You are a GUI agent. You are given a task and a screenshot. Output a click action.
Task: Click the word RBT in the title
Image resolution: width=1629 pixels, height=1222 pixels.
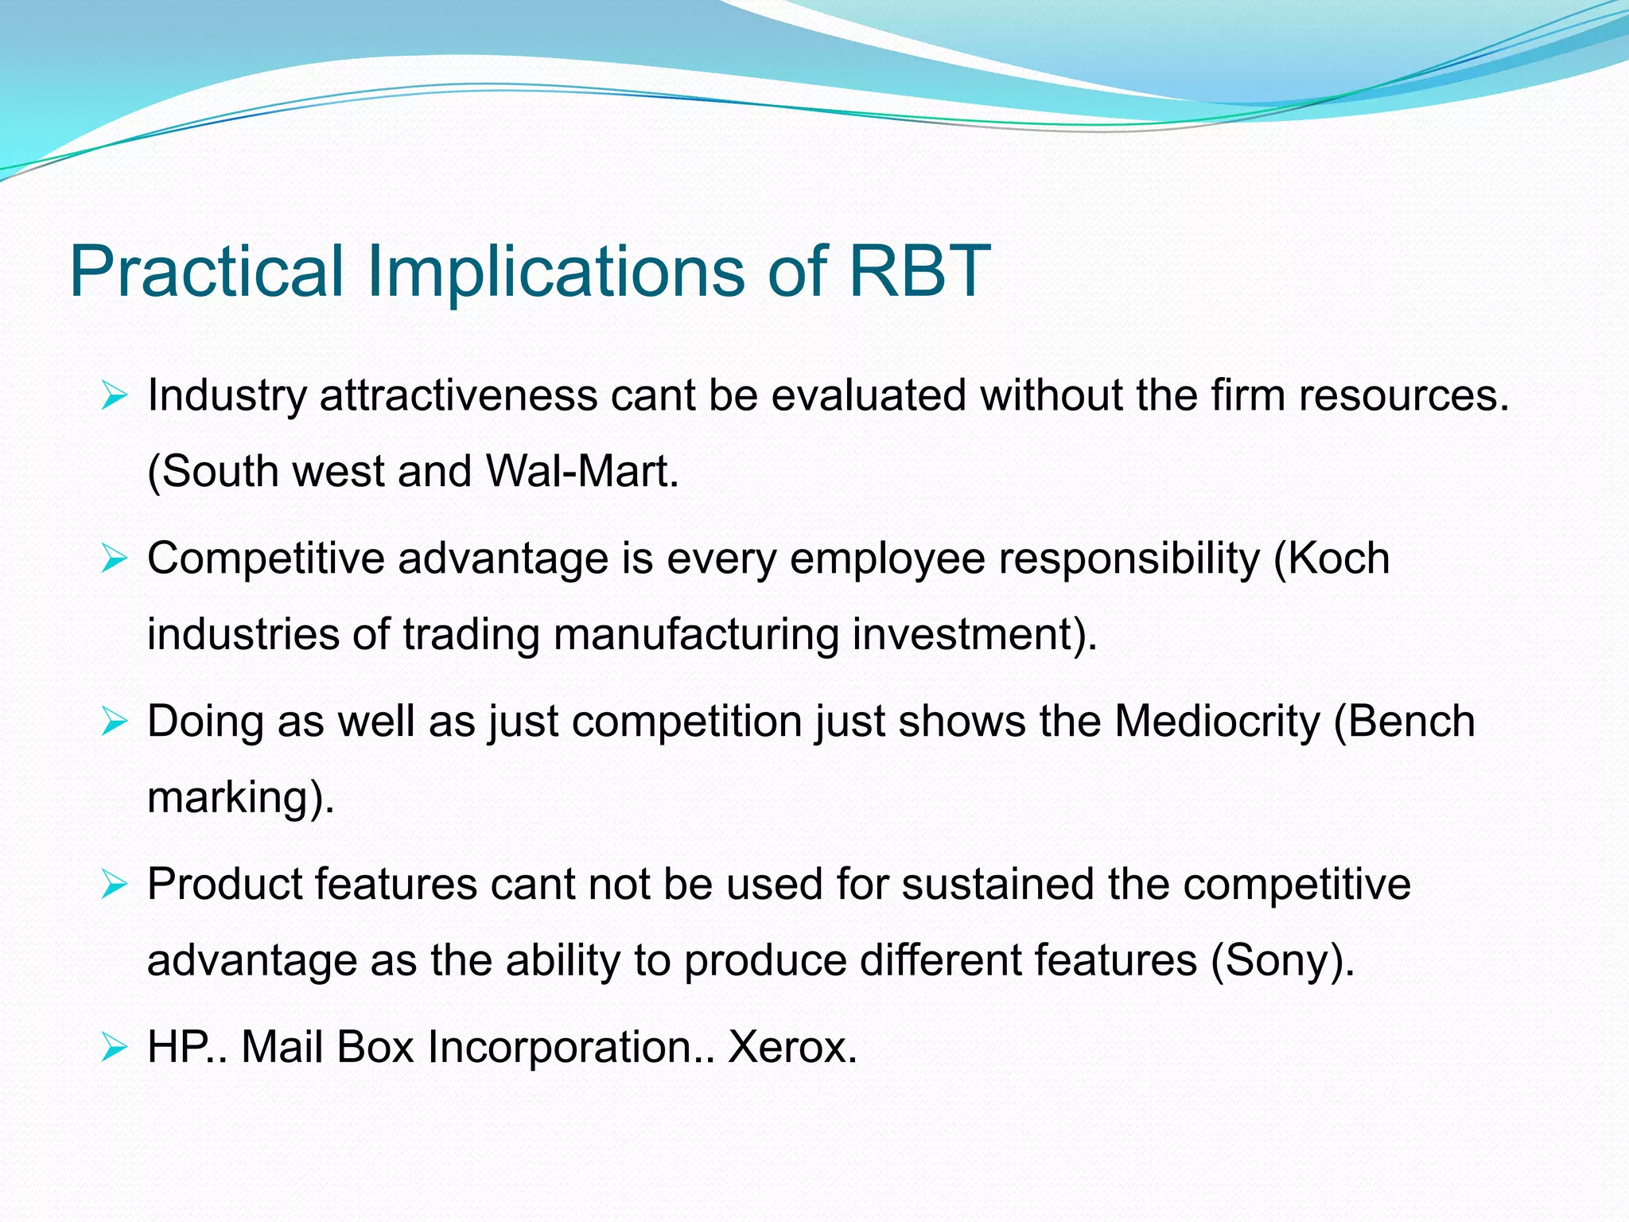(919, 271)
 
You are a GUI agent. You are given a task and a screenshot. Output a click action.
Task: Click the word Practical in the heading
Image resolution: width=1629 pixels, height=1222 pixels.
(207, 271)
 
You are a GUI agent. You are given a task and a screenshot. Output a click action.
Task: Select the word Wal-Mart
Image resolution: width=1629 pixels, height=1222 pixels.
(581, 471)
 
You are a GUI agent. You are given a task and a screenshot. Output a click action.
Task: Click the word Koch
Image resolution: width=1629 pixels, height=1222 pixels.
(1339, 558)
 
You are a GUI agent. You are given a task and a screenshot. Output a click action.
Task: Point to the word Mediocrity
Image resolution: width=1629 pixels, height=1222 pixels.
(1217, 722)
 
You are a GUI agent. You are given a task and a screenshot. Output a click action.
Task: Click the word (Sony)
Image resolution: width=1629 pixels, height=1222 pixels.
(1282, 960)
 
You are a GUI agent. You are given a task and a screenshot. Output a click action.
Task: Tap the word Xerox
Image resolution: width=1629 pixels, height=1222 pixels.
(792, 1047)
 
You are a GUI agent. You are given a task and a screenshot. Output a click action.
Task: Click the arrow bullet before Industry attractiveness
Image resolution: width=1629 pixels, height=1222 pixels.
(115, 395)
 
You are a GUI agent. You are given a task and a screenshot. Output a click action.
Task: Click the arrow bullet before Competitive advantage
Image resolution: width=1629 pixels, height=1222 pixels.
(115, 559)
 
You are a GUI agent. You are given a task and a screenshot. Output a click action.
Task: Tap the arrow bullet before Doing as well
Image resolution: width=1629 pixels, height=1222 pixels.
(115, 722)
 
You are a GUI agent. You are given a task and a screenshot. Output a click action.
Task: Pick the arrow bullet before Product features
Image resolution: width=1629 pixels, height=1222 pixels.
(115, 885)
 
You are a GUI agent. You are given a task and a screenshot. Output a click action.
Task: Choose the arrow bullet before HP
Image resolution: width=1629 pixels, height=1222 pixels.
(115, 1049)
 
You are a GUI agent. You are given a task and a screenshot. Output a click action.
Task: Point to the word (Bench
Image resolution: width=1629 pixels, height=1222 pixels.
(1404, 722)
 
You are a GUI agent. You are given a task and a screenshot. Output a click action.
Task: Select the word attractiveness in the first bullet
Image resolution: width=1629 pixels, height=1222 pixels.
(458, 395)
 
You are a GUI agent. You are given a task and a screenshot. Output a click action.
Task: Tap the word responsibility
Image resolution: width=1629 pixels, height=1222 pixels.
(1129, 558)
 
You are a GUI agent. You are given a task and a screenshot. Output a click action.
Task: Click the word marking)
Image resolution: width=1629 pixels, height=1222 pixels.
(241, 797)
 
